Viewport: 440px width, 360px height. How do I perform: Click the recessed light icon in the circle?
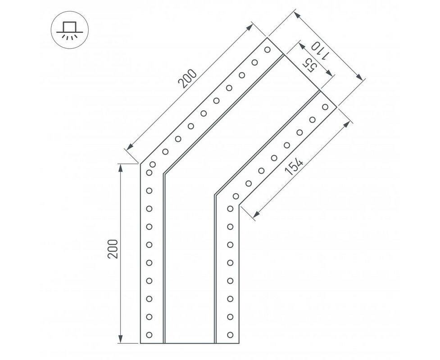click(70, 30)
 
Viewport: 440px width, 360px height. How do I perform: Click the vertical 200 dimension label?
click(113, 249)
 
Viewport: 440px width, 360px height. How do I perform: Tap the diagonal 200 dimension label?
click(188, 78)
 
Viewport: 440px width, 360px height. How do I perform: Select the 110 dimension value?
click(319, 51)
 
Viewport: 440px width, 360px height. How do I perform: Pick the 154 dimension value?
click(294, 167)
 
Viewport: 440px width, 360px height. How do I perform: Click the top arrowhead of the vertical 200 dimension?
click(120, 169)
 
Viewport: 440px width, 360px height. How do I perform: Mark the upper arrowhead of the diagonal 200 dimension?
click(249, 27)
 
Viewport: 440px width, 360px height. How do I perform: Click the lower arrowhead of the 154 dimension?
click(256, 214)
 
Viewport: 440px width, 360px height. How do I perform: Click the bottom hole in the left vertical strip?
click(149, 335)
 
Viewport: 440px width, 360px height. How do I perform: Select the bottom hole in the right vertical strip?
click(230, 335)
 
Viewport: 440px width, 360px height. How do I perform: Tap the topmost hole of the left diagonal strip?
click(268, 50)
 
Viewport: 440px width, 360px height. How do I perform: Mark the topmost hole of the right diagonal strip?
click(325, 107)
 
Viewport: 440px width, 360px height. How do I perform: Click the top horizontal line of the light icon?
click(70, 22)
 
